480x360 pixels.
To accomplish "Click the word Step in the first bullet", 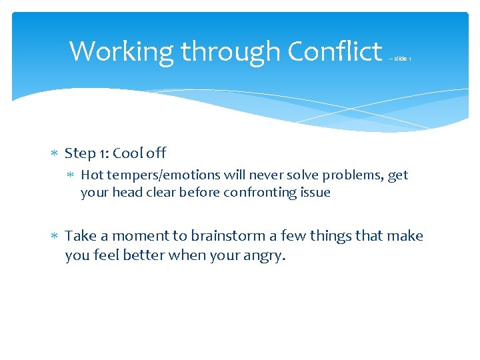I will coord(80,154).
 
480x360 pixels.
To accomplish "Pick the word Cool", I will coord(127,153).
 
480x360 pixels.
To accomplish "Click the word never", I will coord(262,175).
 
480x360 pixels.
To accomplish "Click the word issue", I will coord(315,193).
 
